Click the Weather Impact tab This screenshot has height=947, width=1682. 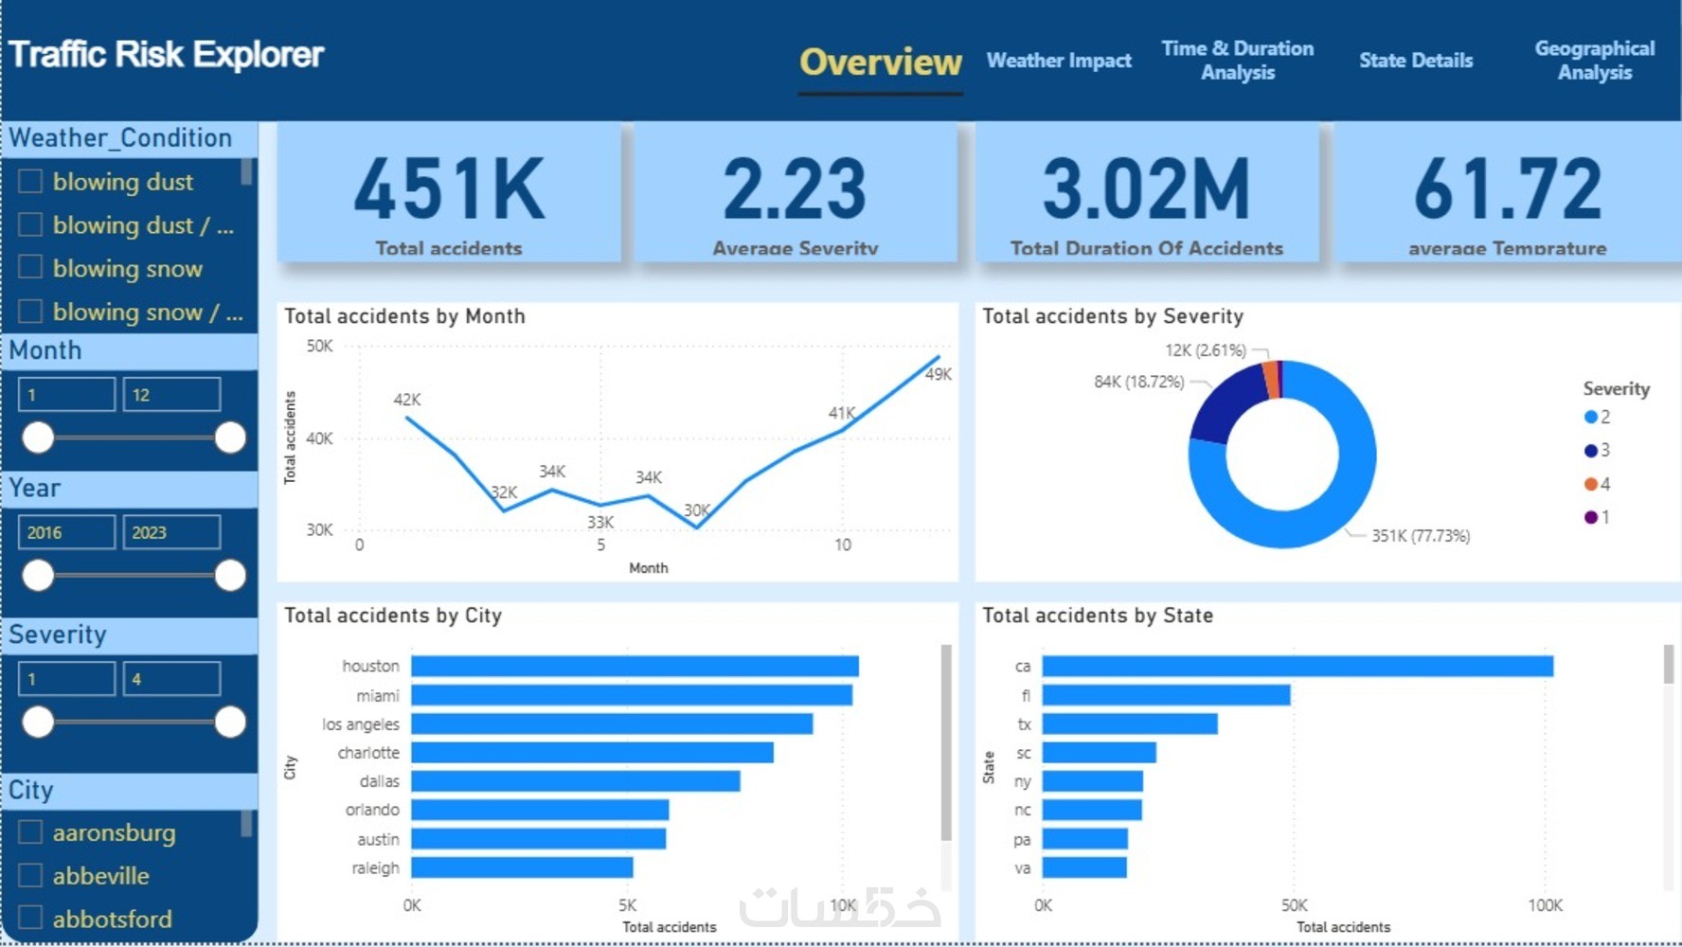click(1058, 61)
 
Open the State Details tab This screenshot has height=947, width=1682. click(1415, 61)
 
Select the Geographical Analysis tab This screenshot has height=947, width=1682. click(1594, 61)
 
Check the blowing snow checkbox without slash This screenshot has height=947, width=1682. click(30, 268)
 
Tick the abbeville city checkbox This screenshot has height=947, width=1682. click(30, 875)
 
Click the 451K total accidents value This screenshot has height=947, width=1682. click(449, 189)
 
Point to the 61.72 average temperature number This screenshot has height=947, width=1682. click(1507, 189)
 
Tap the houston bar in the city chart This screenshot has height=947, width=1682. click(635, 667)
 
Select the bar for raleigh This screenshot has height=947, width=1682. click(522, 867)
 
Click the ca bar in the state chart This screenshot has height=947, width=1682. click(1297, 667)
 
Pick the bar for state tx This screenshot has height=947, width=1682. click(1130, 724)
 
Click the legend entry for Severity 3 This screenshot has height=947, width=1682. click(1597, 451)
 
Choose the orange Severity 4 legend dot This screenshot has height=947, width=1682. click(1591, 484)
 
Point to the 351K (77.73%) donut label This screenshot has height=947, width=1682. click(1421, 536)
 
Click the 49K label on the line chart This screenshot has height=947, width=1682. click(938, 374)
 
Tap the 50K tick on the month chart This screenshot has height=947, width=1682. click(319, 347)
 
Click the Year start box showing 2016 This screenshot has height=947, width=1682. click(66, 532)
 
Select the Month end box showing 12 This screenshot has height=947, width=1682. click(171, 395)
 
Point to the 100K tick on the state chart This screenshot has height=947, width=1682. click(1545, 905)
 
